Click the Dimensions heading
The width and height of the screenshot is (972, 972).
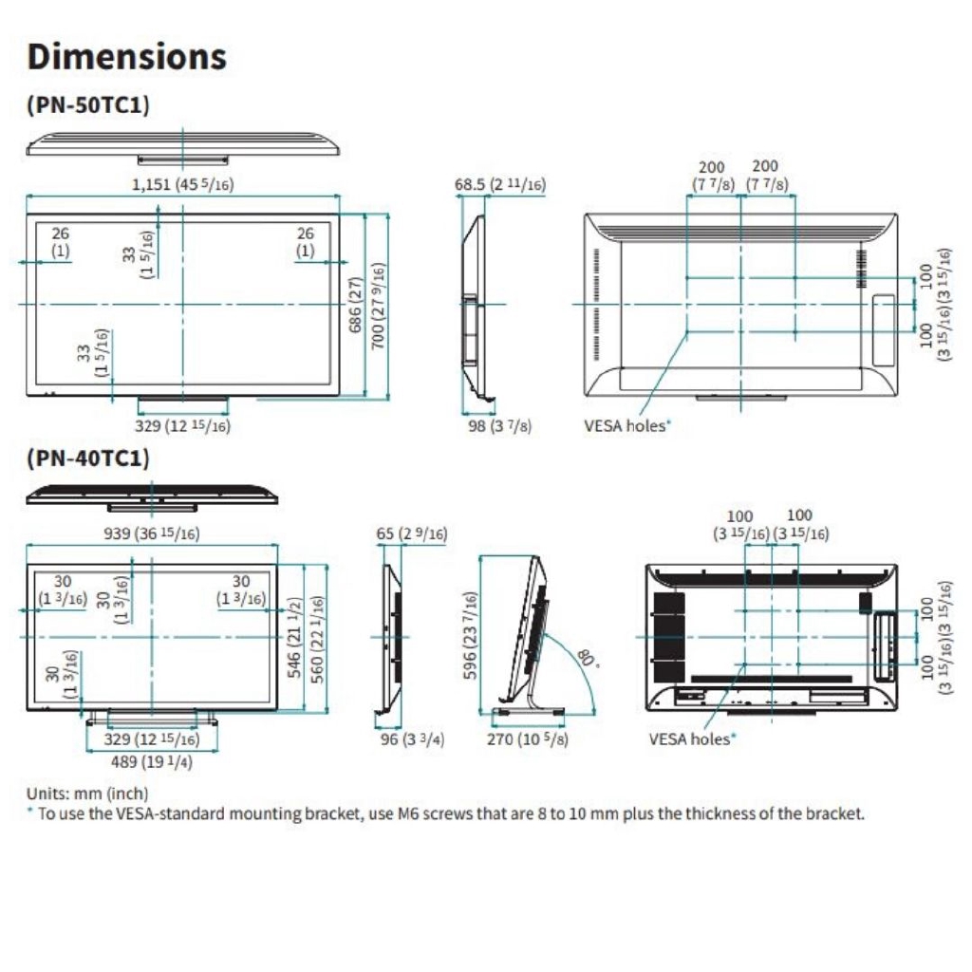(x=127, y=56)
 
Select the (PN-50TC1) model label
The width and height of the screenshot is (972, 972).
(x=88, y=104)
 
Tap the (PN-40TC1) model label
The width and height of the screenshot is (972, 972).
(x=88, y=458)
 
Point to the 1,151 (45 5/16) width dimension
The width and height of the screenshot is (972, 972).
(x=183, y=184)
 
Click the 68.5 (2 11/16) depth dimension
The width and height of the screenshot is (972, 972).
(x=499, y=184)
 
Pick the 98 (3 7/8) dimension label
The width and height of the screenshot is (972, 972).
(x=499, y=426)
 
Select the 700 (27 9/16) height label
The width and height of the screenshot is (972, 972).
(x=378, y=306)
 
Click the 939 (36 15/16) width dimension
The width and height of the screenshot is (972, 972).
(x=152, y=533)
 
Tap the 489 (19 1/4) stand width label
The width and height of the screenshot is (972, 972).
(x=152, y=761)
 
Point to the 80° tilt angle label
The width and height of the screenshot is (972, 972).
(x=588, y=659)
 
